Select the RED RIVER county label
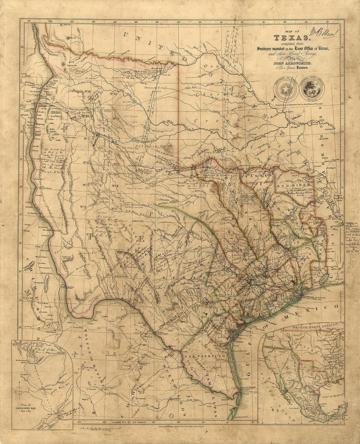[x=297, y=185]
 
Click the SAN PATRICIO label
[x=204, y=357]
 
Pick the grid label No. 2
[x=83, y=207]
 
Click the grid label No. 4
[x=115, y=186]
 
